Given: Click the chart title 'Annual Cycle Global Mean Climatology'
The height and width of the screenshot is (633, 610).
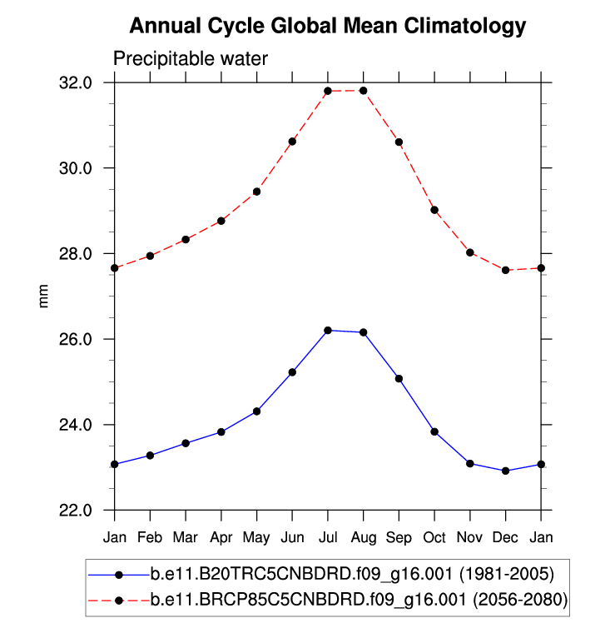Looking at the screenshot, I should click(x=328, y=26).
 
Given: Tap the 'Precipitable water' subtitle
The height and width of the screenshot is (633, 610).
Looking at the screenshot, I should click(x=191, y=59).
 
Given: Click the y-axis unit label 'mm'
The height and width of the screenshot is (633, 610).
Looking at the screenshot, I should click(x=44, y=297).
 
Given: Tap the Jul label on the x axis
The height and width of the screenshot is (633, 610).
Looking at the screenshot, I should click(x=328, y=537).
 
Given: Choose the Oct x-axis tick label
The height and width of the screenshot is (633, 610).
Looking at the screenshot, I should click(x=434, y=537).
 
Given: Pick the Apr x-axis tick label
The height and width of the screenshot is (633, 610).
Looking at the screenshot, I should click(x=221, y=537).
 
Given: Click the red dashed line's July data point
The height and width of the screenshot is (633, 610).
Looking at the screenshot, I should click(x=328, y=91).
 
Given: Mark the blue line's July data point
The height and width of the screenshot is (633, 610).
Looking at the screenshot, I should click(x=328, y=331).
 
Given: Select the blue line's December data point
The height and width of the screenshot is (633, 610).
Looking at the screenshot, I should click(x=505, y=471).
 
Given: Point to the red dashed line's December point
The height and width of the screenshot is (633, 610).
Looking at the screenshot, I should click(x=505, y=270).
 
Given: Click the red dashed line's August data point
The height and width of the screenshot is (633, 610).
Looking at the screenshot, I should click(x=364, y=91).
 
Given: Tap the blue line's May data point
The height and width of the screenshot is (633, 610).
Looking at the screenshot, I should click(x=257, y=411).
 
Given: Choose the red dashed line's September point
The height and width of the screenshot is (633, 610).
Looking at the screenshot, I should click(x=399, y=142).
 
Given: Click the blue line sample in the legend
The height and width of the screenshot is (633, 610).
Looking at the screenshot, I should click(x=118, y=574).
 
